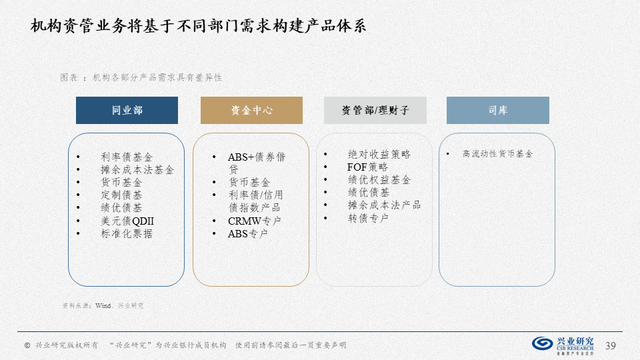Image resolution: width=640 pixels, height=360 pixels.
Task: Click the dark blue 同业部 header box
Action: click(x=127, y=110)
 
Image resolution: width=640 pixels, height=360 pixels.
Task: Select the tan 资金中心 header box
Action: click(x=251, y=110)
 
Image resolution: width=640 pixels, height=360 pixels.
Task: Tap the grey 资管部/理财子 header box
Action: click(x=375, y=110)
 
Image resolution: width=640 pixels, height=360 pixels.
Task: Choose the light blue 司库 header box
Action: click(x=498, y=110)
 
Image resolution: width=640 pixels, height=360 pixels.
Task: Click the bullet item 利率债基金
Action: click(x=127, y=157)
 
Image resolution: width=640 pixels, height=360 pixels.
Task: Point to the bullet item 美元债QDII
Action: click(x=127, y=221)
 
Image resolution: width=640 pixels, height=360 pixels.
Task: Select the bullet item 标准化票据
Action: click(x=127, y=233)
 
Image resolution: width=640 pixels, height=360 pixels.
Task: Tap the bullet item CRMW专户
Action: click(x=255, y=221)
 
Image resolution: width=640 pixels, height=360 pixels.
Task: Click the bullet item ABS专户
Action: click(x=248, y=233)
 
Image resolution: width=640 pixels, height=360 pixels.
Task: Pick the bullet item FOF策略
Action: click(x=367, y=167)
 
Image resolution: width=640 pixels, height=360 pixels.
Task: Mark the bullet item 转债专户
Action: click(x=368, y=218)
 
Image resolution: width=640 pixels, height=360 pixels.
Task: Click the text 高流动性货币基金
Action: click(x=497, y=154)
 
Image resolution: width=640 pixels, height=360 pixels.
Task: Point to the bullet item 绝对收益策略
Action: click(x=379, y=154)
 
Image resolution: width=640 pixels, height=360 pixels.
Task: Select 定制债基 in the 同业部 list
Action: click(x=121, y=195)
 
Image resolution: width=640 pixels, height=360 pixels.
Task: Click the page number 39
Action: click(x=610, y=346)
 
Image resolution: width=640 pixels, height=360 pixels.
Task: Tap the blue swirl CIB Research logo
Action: click(x=543, y=343)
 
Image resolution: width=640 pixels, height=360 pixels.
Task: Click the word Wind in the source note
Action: click(x=103, y=305)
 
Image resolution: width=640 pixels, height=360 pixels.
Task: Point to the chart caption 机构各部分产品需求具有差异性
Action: click(x=157, y=77)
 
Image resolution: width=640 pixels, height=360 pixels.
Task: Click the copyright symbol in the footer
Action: click(x=27, y=345)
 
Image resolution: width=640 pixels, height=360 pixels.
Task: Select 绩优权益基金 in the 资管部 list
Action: click(x=379, y=179)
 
